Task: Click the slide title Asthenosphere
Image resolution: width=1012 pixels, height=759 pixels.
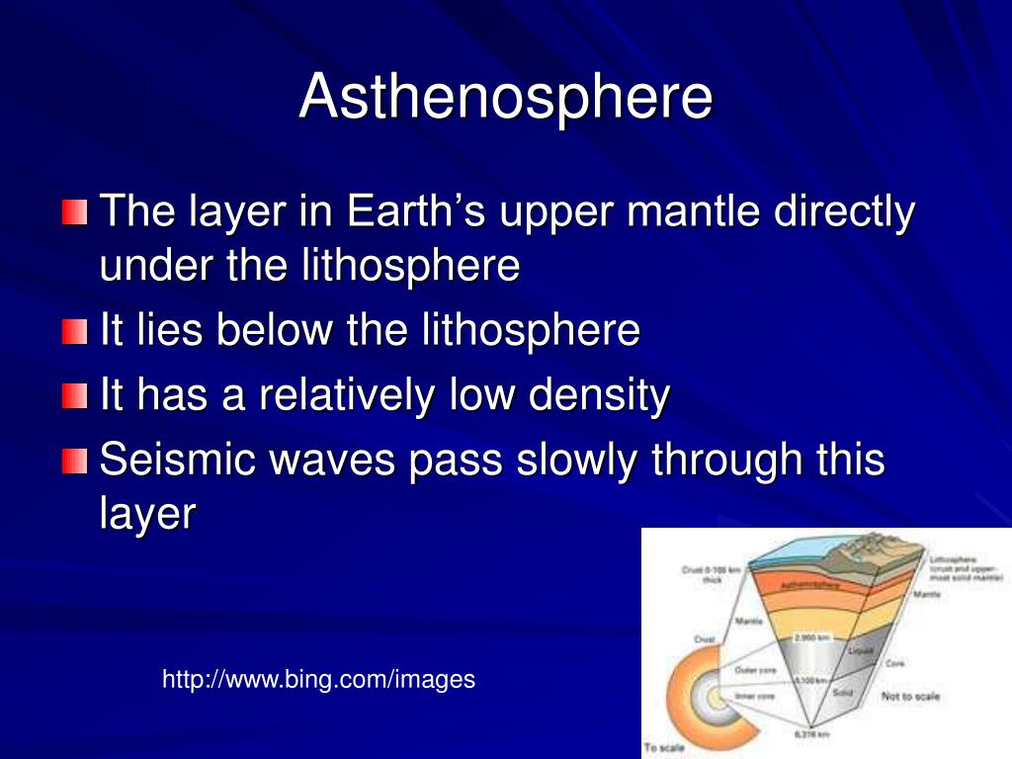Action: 505,96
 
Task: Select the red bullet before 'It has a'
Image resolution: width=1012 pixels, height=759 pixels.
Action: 74,397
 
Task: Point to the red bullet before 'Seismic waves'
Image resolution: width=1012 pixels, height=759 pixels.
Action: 74,462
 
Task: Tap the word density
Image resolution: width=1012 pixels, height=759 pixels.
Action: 598,396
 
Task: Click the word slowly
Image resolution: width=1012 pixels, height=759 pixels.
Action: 558,460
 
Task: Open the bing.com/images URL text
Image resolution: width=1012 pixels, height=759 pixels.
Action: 318,680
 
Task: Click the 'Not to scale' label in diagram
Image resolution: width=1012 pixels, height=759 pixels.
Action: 910,697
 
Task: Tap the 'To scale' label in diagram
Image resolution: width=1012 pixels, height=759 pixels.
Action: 663,747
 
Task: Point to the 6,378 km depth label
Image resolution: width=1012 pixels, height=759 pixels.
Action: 813,734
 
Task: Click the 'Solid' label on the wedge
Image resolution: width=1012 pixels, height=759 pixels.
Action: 843,692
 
